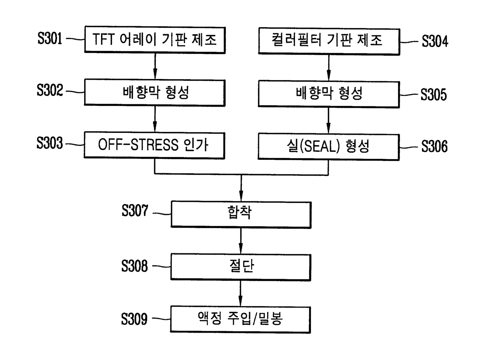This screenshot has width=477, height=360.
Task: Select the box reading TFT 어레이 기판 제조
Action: pyautogui.click(x=154, y=40)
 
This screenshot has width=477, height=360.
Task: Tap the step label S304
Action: pyautogui.click(x=435, y=41)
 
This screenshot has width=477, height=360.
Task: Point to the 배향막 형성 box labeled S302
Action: pyautogui.click(x=154, y=93)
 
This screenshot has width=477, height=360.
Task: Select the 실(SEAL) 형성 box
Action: pyautogui.click(x=328, y=146)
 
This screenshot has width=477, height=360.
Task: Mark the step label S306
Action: pyautogui.click(x=435, y=146)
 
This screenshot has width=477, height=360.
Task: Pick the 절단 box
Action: pyautogui.click(x=241, y=266)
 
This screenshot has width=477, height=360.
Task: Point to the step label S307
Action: pyautogui.click(x=134, y=211)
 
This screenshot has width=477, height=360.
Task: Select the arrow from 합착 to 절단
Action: pyautogui.click(x=241, y=240)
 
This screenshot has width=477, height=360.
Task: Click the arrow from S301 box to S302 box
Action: pyautogui.click(x=154, y=66)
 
